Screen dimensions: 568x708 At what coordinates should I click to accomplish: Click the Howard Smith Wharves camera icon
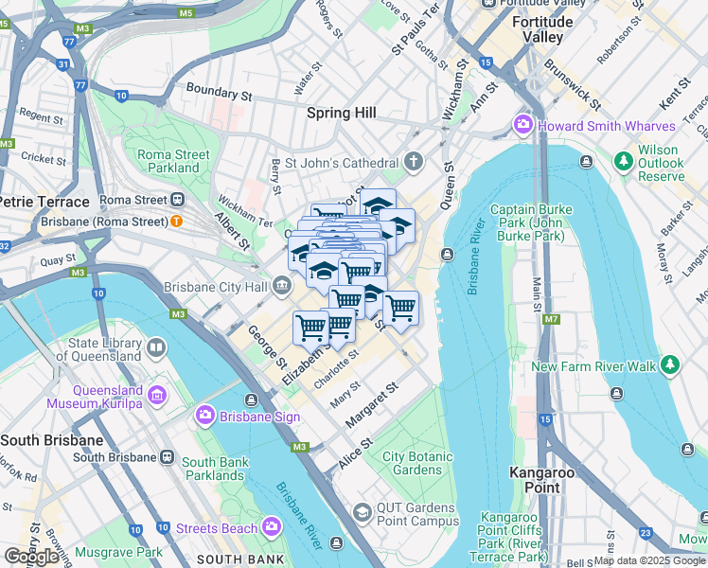[x=522, y=125]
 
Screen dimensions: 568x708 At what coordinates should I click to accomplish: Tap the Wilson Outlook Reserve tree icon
[x=624, y=162]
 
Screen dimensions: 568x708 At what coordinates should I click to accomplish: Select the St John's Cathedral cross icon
[x=413, y=162]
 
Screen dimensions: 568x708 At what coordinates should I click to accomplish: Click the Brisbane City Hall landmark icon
[x=282, y=285]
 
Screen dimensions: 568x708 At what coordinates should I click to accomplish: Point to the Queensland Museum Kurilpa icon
[x=157, y=393]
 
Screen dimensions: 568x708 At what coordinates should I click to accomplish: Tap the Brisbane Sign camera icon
[x=204, y=416]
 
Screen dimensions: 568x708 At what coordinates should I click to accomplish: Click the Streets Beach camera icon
[x=272, y=526]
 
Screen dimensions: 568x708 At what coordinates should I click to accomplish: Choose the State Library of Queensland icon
[x=155, y=347]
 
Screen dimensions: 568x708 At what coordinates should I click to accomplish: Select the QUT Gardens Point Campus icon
[x=362, y=512]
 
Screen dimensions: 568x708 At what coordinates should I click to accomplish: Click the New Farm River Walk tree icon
[x=670, y=364]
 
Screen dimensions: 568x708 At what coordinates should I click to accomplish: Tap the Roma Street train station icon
[x=177, y=200]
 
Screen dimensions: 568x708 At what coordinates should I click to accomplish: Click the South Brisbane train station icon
[x=168, y=457]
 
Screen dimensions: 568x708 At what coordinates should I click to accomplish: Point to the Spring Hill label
[x=341, y=113]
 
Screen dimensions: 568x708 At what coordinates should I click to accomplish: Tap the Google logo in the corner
[x=32, y=556]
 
